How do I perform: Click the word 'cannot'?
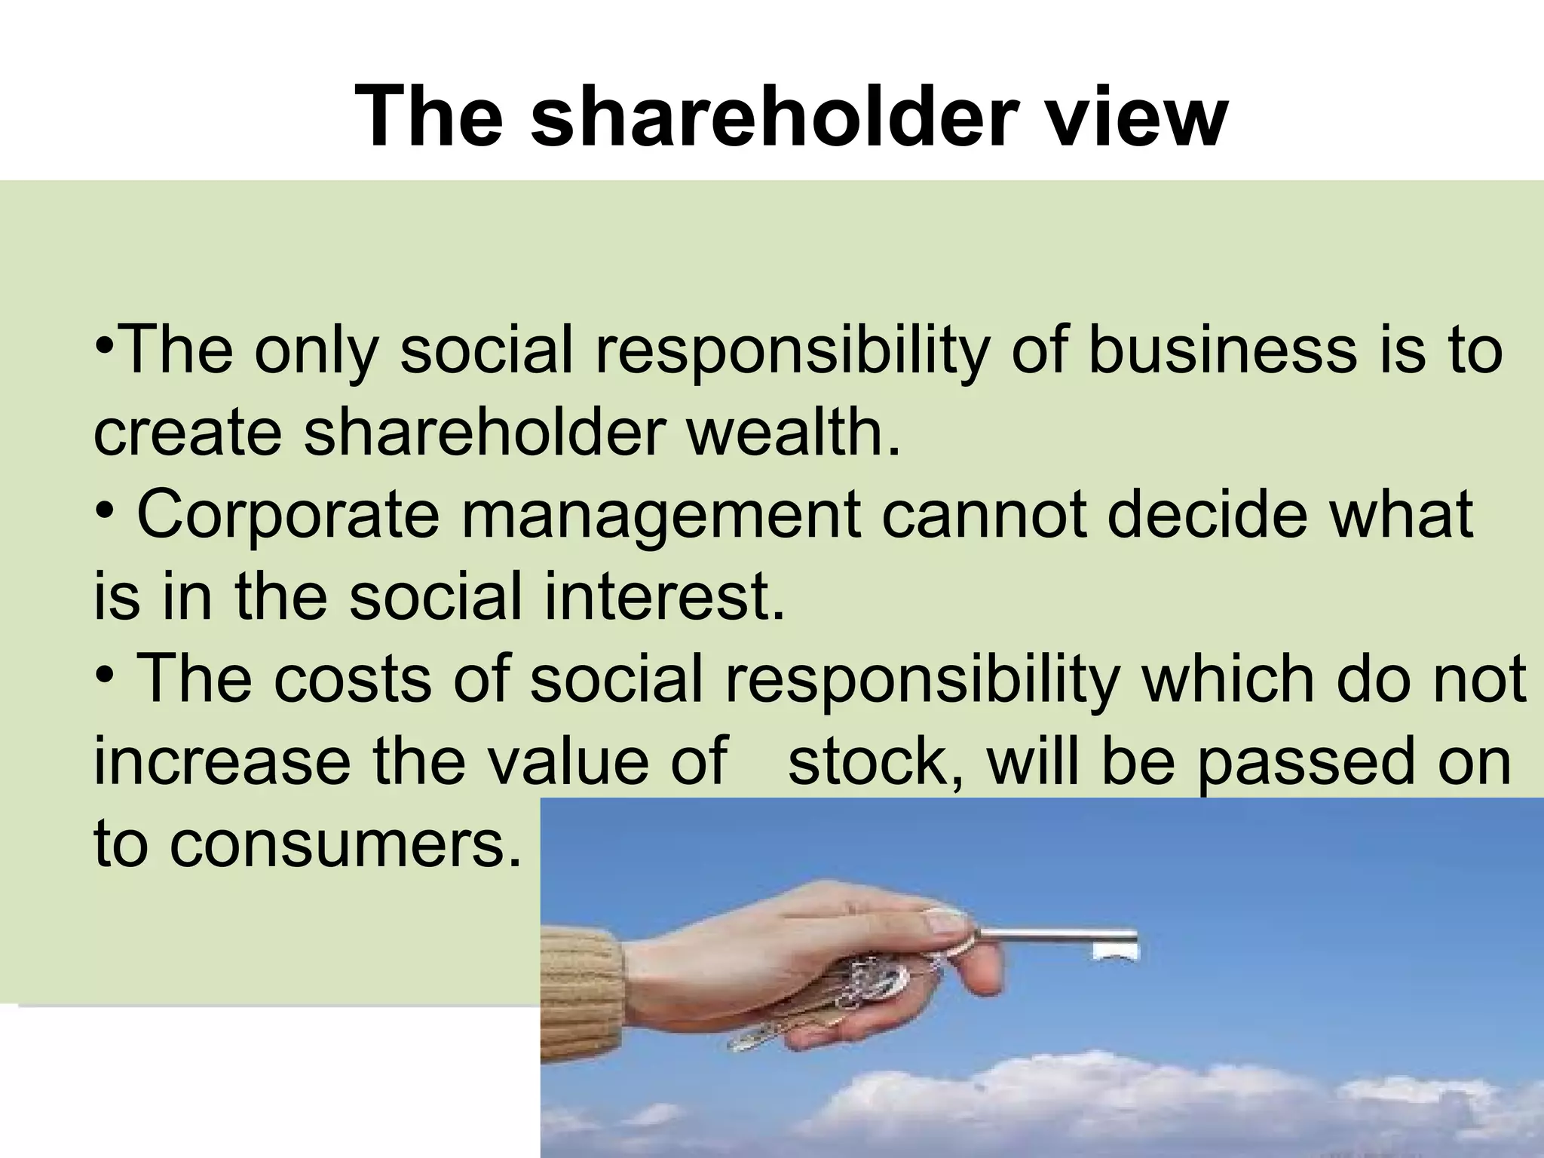pos(984,515)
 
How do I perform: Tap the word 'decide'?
pos(1207,515)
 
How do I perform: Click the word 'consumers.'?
pos(345,844)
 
